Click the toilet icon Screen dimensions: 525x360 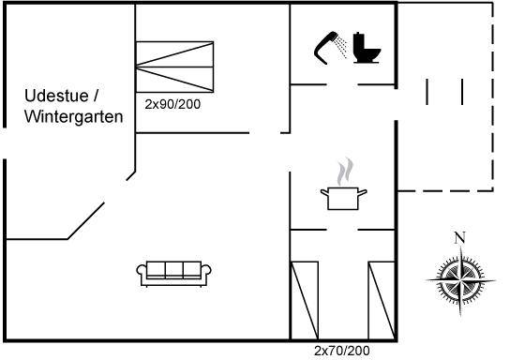367,48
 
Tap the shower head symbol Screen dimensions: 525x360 324,47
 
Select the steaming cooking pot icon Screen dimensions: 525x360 343,199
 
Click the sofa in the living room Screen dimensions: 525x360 173,274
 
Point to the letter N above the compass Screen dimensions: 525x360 460,237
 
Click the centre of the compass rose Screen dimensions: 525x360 460,280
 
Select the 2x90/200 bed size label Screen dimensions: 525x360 172,104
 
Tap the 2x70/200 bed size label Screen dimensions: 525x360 342,351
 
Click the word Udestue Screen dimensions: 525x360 56,96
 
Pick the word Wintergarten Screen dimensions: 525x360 74,117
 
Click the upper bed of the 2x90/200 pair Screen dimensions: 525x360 174,54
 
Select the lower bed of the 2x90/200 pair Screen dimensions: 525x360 174,80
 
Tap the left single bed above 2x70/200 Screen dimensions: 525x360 305,300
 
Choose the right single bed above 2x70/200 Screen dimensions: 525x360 382,300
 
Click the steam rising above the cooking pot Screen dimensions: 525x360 345,172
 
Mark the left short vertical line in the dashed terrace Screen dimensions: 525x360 427,92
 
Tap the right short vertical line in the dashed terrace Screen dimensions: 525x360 462,92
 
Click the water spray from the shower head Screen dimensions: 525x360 341,46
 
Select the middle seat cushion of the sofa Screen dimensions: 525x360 174,270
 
